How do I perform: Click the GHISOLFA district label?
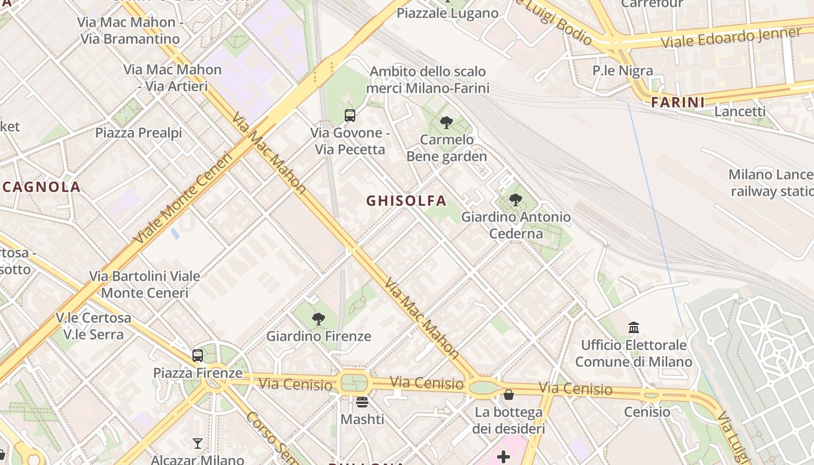[406, 201]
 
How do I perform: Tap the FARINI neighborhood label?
[677, 103]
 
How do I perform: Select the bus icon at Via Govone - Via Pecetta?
[350, 115]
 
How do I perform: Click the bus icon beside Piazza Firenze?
[198, 355]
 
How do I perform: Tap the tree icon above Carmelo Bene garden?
[447, 122]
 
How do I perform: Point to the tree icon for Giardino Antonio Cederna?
[515, 200]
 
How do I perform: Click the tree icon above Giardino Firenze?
[318, 319]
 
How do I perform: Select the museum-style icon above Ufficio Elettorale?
[634, 328]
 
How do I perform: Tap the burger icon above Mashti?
[362, 402]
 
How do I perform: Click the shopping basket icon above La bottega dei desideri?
[509, 395]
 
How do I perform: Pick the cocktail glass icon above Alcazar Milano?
[198, 443]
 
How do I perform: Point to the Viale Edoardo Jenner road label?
[731, 38]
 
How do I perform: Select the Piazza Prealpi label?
[139, 133]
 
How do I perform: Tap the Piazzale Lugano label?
[448, 13]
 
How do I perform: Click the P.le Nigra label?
[623, 71]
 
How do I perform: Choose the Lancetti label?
[740, 112]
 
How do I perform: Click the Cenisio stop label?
[647, 412]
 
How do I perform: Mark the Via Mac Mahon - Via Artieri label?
[173, 78]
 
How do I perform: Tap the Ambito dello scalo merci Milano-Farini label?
[428, 80]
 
